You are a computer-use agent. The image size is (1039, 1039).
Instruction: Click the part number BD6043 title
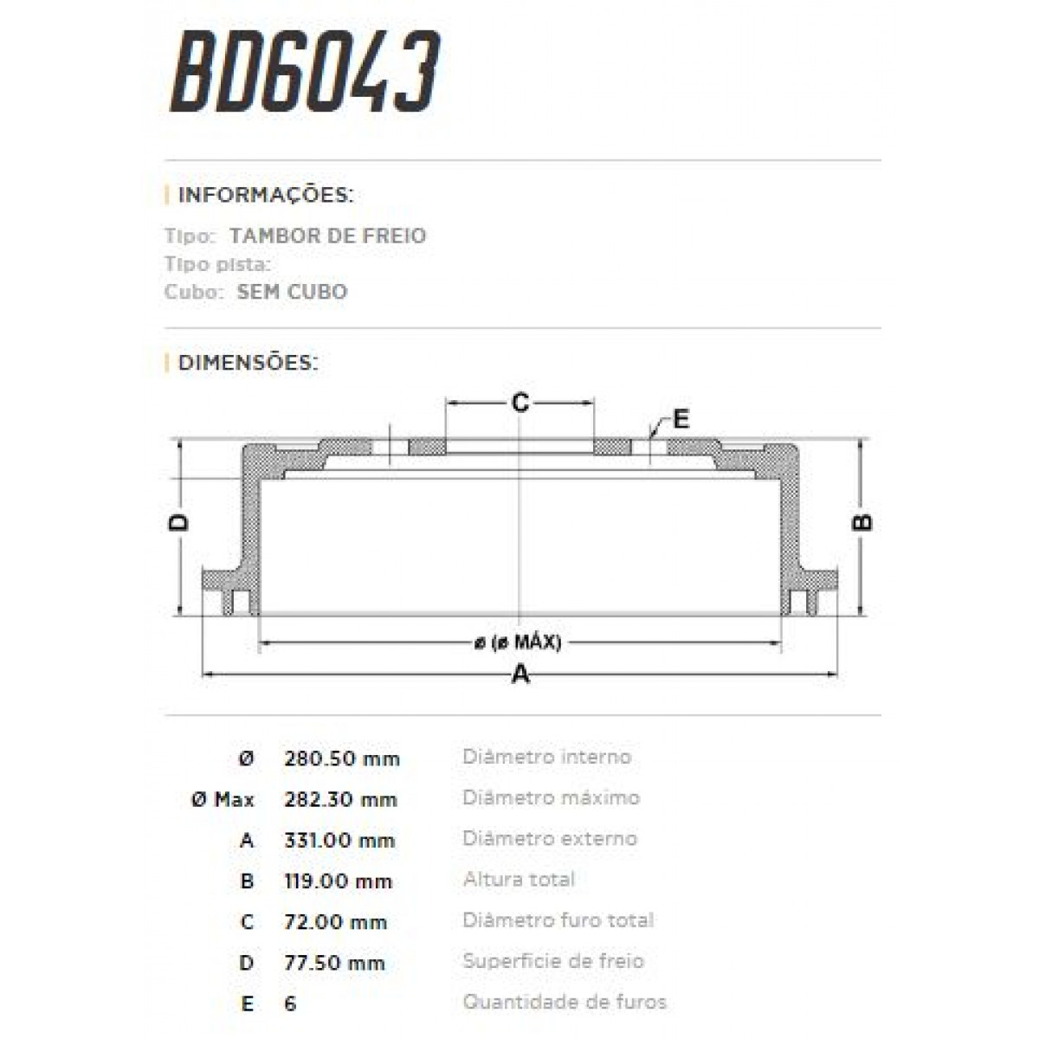305,73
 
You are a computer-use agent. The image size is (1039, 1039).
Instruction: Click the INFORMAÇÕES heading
265,195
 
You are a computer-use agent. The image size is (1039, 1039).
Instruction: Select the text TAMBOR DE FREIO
327,236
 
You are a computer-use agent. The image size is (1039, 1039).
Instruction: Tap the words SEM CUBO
292,292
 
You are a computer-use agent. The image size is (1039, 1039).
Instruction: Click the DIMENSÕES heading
248,362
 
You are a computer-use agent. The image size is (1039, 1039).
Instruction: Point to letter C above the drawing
519,403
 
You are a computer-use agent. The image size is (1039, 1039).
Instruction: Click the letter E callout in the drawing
681,420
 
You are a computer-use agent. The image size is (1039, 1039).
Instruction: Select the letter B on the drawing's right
862,522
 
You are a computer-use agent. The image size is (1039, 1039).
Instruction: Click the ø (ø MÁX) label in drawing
518,642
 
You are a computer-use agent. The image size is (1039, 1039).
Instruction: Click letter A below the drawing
519,674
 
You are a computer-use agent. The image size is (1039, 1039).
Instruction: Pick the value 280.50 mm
341,759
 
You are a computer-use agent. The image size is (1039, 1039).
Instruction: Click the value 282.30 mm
340,800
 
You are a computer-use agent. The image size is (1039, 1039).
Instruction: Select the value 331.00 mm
339,841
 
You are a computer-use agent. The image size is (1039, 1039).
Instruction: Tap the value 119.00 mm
338,881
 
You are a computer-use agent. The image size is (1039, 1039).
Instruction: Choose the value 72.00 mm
335,922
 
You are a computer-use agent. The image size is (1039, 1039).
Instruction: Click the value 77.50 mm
334,963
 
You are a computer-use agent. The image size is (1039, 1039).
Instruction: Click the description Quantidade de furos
565,1003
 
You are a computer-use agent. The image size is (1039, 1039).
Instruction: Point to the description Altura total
519,880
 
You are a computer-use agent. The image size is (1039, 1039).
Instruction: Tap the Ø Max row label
223,800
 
